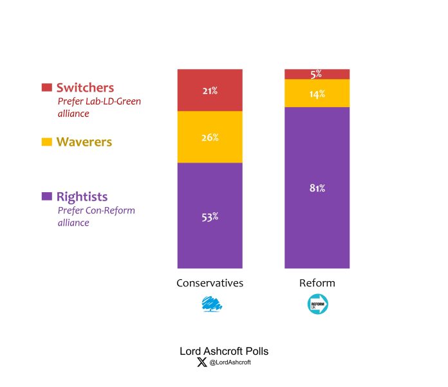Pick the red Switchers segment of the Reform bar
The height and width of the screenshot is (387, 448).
[303, 74]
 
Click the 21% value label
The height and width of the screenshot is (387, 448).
[210, 91]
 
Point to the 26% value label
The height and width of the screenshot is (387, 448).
[210, 137]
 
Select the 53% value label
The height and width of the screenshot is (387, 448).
[210, 217]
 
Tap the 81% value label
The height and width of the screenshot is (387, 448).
[317, 188]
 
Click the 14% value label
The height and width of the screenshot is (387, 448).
[317, 94]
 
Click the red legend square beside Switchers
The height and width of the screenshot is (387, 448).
[46, 87]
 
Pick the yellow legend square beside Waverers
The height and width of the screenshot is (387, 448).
[46, 141]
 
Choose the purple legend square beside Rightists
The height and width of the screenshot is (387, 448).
[46, 196]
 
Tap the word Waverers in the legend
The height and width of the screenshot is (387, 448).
[84, 141]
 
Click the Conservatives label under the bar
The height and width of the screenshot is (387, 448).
[210, 283]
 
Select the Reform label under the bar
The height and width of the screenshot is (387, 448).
[317, 283]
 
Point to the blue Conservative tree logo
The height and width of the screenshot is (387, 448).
[210, 304]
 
